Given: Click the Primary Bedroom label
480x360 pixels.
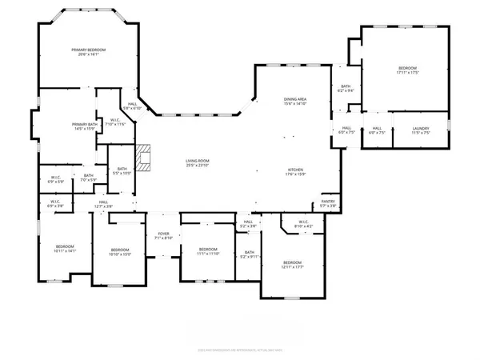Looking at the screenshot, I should pyautogui.click(x=92, y=52).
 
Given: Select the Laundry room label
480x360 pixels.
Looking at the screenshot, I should pyautogui.click(x=422, y=130).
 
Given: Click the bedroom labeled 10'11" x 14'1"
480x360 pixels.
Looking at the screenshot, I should pyautogui.click(x=65, y=249).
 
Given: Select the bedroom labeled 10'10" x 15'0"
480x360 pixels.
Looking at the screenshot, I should pyautogui.click(x=119, y=252).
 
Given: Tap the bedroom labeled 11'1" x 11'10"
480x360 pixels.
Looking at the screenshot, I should pyautogui.click(x=208, y=251).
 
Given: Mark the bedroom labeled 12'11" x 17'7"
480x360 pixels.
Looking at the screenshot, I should pyautogui.click(x=292, y=265).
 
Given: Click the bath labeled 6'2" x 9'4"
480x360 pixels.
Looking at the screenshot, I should pyautogui.click(x=346, y=89).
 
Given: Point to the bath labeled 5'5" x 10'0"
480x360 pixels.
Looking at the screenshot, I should pyautogui.click(x=122, y=170).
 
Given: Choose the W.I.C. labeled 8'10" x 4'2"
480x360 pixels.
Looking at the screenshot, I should pyautogui.click(x=303, y=224).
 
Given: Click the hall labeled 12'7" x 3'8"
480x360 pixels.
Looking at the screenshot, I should pyautogui.click(x=103, y=204).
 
